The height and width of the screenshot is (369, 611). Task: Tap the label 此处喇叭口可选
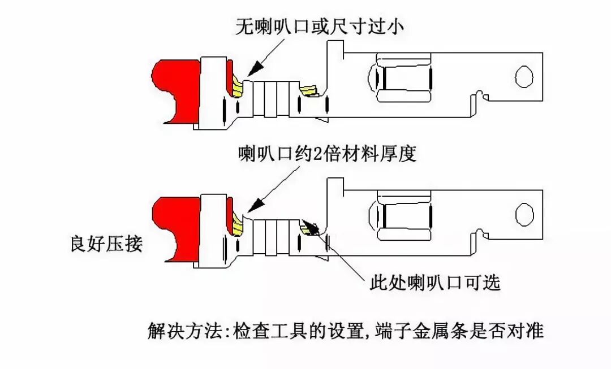point(435,282)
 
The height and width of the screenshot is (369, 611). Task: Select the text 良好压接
point(106,245)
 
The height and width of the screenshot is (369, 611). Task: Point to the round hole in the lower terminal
point(524,214)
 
